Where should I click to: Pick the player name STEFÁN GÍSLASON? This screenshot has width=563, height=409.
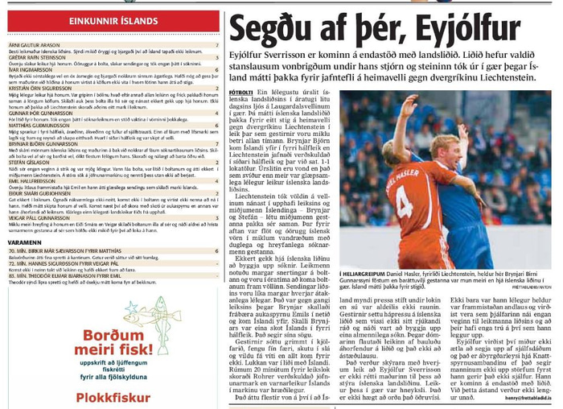(33, 161)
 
